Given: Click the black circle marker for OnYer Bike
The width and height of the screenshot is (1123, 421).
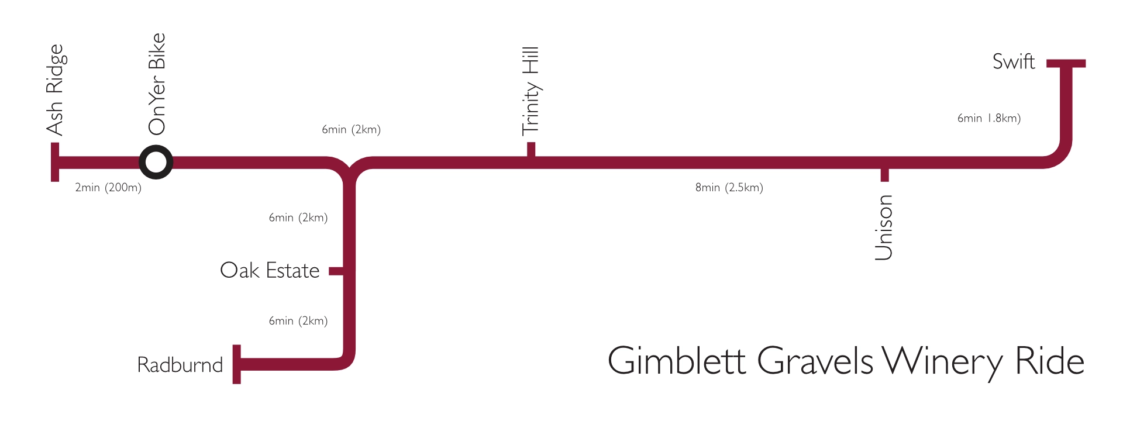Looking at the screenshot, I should [x=156, y=162].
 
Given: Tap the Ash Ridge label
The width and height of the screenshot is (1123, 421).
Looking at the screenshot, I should [x=55, y=90].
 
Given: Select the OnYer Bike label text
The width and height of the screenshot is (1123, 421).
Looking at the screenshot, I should [x=157, y=84].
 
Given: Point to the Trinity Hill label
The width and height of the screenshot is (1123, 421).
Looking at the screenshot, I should [x=531, y=91].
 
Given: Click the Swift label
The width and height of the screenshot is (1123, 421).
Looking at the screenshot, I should [x=1014, y=62].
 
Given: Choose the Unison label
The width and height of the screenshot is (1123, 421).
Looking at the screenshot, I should [x=884, y=227].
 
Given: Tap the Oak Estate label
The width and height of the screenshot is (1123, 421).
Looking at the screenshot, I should [x=270, y=271].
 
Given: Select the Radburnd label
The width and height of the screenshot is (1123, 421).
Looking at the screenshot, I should [x=180, y=365].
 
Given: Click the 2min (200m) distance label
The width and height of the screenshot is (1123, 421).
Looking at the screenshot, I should [x=108, y=188].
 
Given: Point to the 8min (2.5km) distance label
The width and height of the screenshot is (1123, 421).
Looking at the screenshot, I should [x=729, y=188].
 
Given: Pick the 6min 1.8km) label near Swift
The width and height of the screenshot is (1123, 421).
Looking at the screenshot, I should [x=988, y=118].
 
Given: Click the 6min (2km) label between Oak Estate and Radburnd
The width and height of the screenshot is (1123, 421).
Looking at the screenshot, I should [x=298, y=321].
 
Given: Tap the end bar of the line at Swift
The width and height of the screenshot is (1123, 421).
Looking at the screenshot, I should [x=1066, y=63].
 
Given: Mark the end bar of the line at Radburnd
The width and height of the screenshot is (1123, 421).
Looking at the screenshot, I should [x=236, y=364].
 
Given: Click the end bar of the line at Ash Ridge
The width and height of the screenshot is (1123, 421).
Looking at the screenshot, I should [x=55, y=162].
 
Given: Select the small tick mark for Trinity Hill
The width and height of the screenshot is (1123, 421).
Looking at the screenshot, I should [x=531, y=149].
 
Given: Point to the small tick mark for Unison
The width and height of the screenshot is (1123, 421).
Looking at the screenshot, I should [x=884, y=175].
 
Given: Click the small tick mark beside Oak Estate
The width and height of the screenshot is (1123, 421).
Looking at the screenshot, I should [x=335, y=271].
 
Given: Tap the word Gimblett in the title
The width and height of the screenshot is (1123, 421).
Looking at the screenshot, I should [x=676, y=361].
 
